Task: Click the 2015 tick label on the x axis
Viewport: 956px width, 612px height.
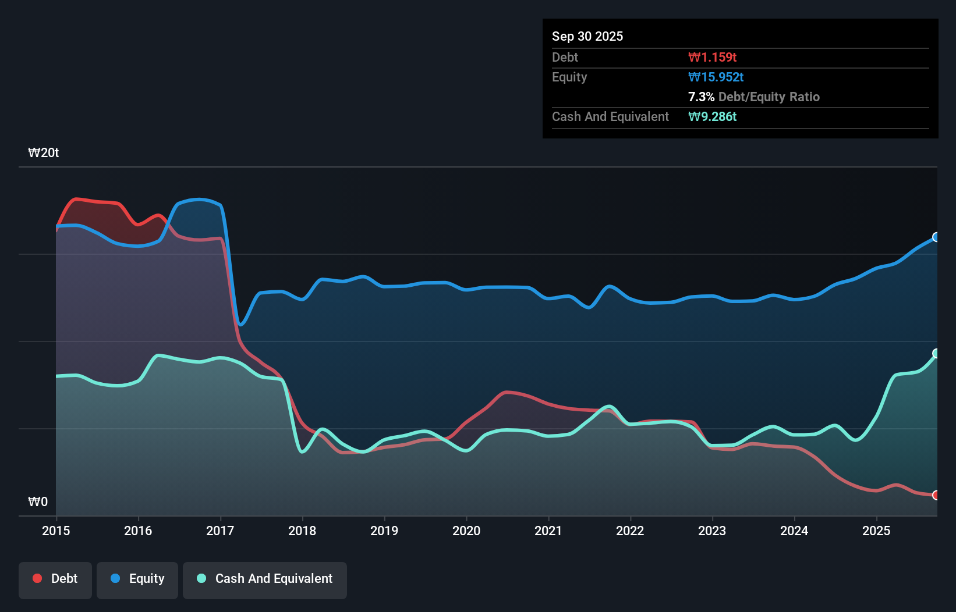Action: (x=56, y=531)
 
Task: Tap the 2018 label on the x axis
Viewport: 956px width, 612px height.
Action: (x=302, y=531)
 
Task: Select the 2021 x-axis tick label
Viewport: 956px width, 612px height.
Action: (x=548, y=531)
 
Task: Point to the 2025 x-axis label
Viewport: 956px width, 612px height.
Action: (x=876, y=531)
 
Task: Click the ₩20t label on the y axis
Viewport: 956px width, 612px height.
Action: (x=44, y=153)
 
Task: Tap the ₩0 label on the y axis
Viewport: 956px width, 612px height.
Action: (x=38, y=501)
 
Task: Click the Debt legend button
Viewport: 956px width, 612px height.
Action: (x=55, y=579)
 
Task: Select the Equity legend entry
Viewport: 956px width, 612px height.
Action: (x=137, y=579)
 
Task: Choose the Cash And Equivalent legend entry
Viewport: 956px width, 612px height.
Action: (x=265, y=579)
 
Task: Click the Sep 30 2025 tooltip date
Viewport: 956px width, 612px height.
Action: (x=587, y=37)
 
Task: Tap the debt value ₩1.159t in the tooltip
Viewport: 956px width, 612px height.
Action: (x=712, y=58)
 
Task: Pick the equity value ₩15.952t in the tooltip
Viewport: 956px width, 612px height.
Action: (x=716, y=77)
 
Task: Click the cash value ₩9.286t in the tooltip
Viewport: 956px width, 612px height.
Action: (x=712, y=117)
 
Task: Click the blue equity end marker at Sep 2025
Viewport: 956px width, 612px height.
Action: (x=936, y=237)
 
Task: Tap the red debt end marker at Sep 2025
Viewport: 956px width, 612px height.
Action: (x=936, y=495)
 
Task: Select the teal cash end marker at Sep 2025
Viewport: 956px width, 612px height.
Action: (x=936, y=353)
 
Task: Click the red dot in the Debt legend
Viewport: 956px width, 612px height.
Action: (x=37, y=578)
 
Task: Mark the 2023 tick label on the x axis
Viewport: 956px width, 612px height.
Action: (x=712, y=531)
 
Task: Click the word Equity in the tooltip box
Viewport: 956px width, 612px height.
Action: (x=569, y=77)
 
